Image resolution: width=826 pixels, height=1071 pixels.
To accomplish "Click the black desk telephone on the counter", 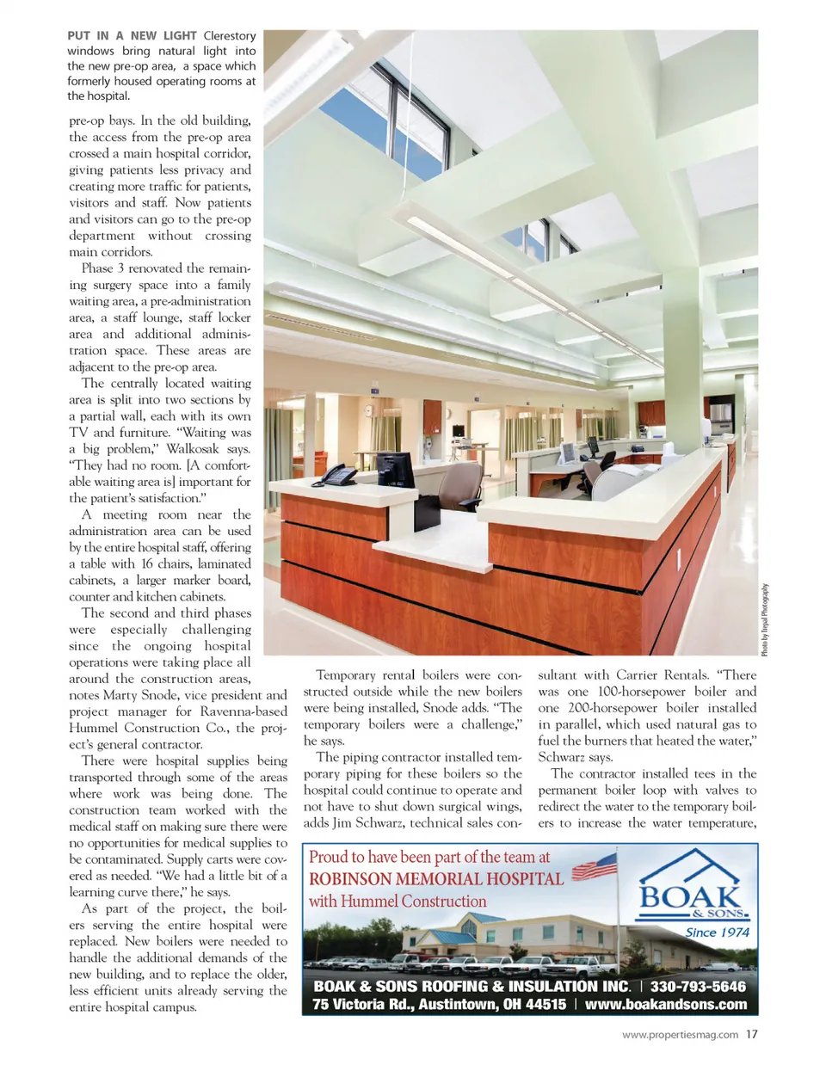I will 339,473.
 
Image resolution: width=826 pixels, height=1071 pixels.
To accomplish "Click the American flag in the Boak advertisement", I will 595,865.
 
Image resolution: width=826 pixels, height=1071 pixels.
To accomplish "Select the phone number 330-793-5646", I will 698,987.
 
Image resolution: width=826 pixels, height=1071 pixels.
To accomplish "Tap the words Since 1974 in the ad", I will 717,932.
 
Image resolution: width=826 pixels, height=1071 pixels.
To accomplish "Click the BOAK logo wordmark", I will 690,896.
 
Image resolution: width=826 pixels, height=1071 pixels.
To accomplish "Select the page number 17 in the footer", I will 751,1034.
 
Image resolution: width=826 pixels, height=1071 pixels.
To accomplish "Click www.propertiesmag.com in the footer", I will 680,1035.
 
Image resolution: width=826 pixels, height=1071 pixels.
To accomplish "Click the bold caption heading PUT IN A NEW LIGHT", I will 133,35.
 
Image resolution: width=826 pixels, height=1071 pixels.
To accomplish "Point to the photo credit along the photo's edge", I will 764,619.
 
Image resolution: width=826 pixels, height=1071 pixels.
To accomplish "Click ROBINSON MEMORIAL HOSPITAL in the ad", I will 435,879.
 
